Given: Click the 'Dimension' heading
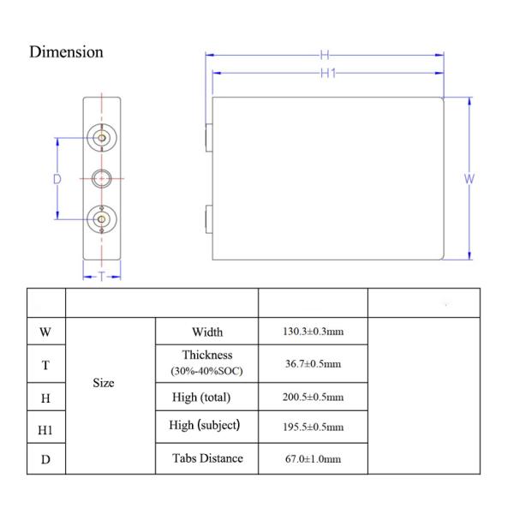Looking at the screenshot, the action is point(66,51).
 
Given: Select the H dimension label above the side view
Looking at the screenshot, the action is point(325,55).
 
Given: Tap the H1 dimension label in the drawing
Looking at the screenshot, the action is point(328,73).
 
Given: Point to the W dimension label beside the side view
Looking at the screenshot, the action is point(469,179).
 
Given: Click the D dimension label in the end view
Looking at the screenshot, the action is point(57,179).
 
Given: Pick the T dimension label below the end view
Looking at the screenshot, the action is point(102,277).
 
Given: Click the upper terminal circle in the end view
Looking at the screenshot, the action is point(102,138).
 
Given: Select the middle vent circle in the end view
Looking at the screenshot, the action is point(102,179).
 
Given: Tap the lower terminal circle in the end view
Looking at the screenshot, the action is point(102,219).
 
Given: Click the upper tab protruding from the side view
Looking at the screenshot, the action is point(209,138).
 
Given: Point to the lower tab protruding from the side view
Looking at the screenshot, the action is point(209,219).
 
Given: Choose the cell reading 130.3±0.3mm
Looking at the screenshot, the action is point(313,332).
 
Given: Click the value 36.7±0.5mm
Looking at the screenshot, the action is point(313,363).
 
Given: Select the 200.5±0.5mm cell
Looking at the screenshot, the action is point(313,397).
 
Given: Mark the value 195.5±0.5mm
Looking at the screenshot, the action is point(313,427).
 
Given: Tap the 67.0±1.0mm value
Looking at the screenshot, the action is point(313,458).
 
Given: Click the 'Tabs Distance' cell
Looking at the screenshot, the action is point(207,458).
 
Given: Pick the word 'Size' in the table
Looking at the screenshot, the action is point(104,383).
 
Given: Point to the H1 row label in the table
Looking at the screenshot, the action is point(45,430).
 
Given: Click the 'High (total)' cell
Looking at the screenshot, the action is point(201,397).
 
